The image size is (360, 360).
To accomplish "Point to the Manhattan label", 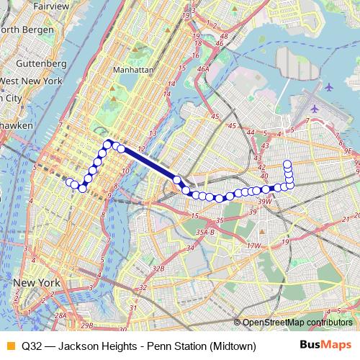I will (x=134, y=71).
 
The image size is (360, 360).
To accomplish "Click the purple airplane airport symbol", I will (x=329, y=87).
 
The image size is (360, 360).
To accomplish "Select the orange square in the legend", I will (x=9, y=346).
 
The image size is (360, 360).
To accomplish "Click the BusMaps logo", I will (x=325, y=345).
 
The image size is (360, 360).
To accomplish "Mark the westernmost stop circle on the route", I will (x=70, y=183).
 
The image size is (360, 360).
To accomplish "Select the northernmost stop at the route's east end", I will (x=287, y=163).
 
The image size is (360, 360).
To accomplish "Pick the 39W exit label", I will (x=265, y=202).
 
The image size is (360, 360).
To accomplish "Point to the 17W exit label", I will (x=253, y=247).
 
